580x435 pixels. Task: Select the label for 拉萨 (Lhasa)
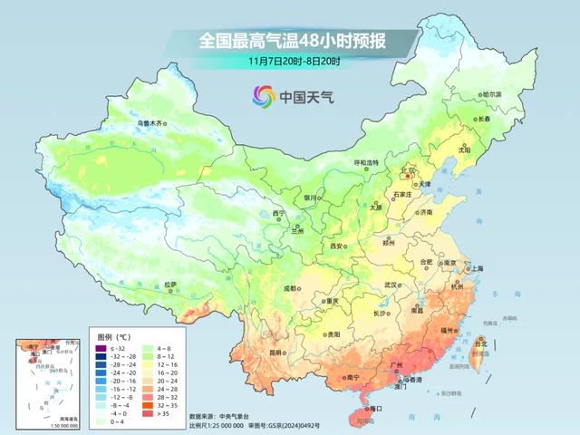(x=170, y=285)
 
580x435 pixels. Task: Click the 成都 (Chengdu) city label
(x=290, y=288)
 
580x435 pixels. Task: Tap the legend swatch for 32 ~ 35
(x=160, y=404)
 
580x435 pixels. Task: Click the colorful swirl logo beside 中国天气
(x=263, y=95)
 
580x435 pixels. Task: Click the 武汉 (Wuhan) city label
(x=391, y=285)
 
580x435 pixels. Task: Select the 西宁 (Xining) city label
(x=279, y=213)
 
